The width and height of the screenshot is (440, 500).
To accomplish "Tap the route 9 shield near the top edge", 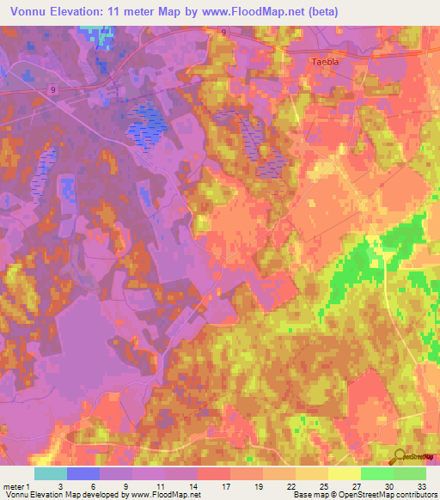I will click(223, 32).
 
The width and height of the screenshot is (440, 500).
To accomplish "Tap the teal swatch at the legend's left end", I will click(51, 473).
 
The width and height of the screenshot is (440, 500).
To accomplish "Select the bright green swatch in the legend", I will click(377, 473).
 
